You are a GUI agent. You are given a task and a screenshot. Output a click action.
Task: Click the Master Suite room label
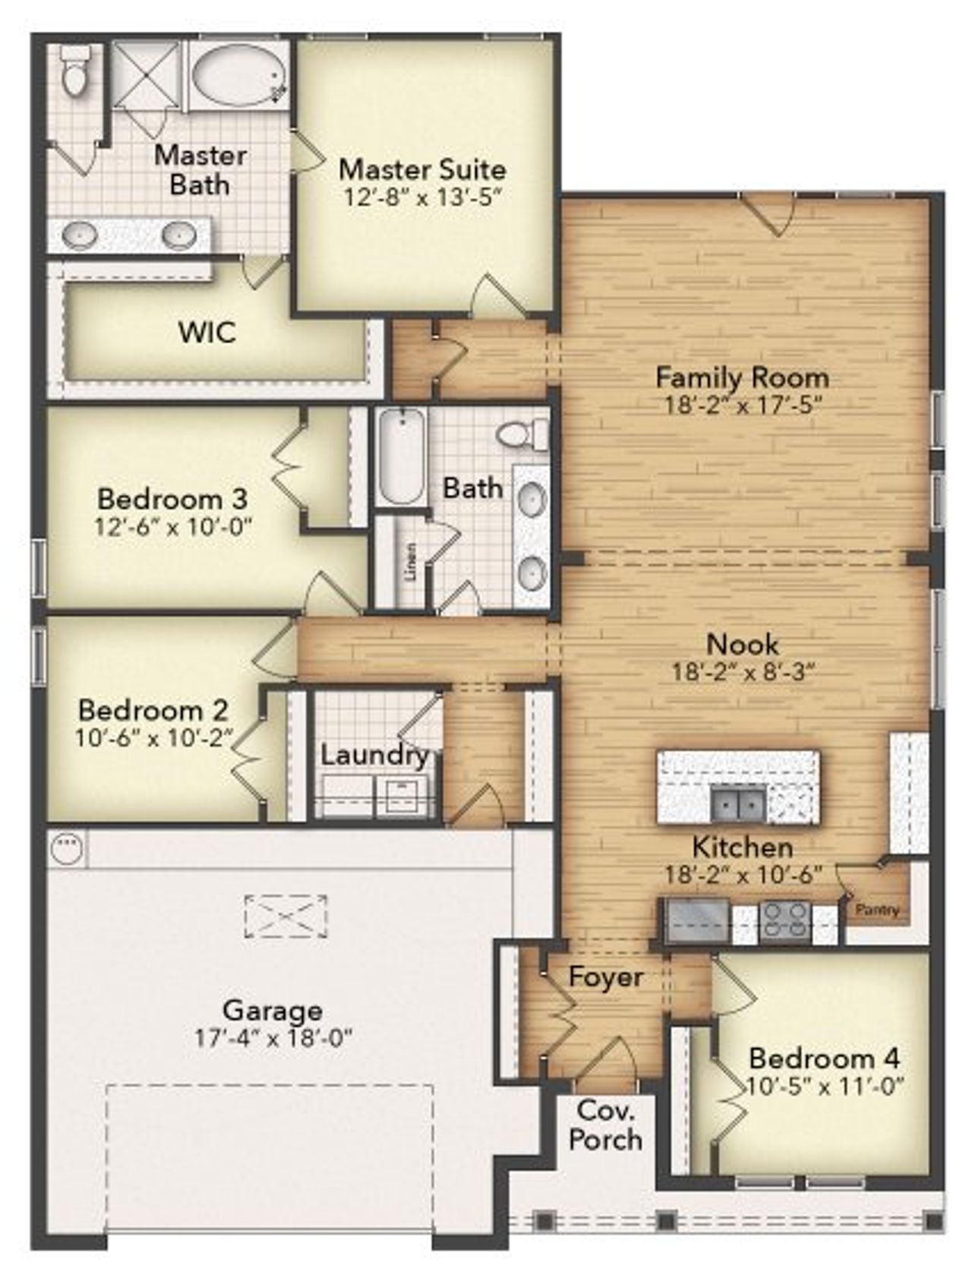click(x=422, y=169)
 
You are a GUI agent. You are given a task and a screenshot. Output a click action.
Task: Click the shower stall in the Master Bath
click(x=147, y=75)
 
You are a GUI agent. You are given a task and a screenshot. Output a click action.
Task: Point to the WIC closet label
click(x=207, y=332)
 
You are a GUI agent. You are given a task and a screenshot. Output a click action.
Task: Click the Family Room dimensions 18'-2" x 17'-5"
click(x=743, y=405)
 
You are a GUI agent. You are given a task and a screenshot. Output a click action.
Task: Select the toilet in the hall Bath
click(x=522, y=435)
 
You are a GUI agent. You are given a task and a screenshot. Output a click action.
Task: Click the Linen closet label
click(x=411, y=562)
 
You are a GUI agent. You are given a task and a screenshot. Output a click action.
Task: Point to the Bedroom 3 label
click(x=172, y=499)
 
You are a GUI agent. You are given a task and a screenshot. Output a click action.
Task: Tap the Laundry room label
click(x=374, y=756)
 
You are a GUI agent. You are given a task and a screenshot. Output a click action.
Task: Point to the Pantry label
click(x=877, y=909)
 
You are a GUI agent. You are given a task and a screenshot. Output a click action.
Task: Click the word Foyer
click(x=605, y=977)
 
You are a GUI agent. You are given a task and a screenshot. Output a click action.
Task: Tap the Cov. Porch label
click(x=605, y=1125)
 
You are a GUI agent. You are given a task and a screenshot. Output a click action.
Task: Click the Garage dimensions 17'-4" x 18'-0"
click(x=273, y=1038)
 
